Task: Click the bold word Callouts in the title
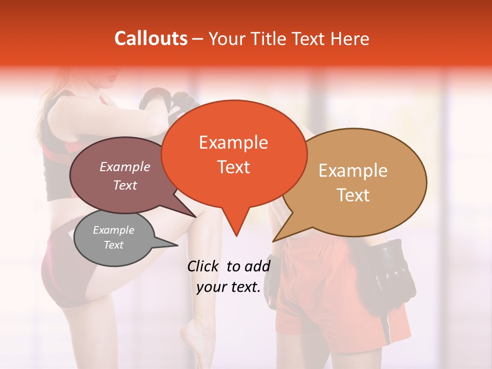[151, 38]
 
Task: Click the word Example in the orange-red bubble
[233, 142]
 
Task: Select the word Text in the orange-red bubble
[233, 167]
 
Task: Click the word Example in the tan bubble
[353, 171]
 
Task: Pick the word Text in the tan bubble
[353, 195]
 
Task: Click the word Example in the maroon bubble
[125, 167]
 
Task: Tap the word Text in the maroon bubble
[125, 186]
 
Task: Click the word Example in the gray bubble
[113, 230]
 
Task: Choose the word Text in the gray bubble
[113, 245]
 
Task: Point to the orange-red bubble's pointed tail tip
[236, 236]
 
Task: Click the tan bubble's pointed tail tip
[273, 241]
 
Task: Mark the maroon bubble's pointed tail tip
[195, 217]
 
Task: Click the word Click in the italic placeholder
[204, 266]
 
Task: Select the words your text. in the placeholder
[229, 288]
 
